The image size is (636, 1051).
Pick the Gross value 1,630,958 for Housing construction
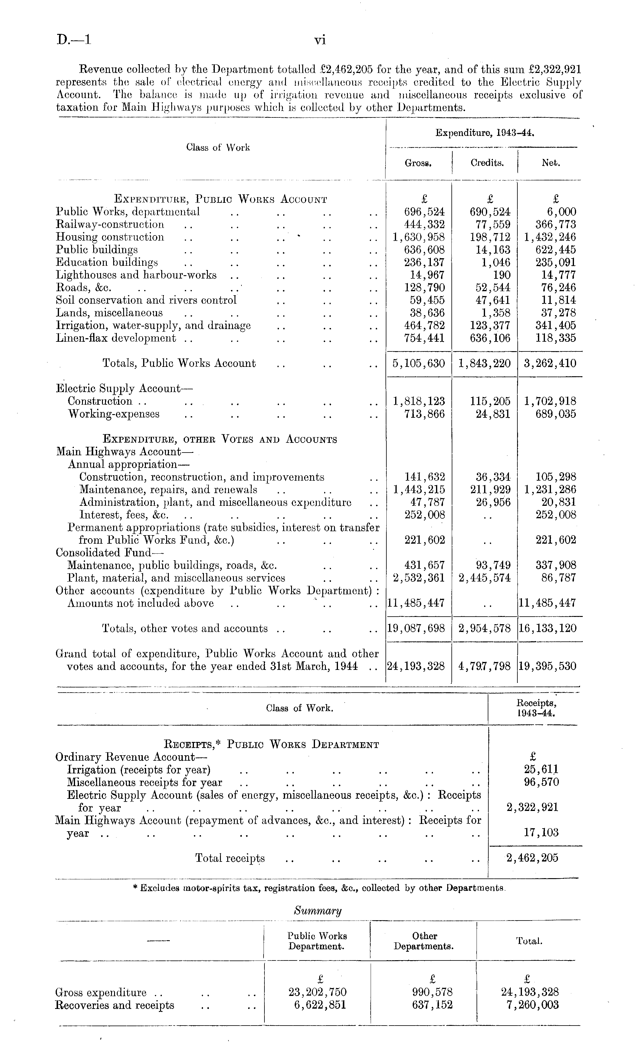point(418,237)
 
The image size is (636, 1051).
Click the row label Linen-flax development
point(116,338)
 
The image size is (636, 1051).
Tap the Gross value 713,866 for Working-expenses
point(424,414)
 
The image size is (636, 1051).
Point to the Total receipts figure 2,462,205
point(532,858)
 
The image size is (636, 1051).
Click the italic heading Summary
point(318,911)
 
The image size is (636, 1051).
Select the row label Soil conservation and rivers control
point(146,300)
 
